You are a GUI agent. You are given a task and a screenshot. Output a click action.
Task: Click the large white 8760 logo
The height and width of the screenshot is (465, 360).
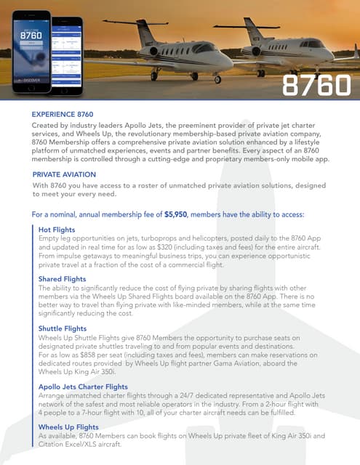click(316, 85)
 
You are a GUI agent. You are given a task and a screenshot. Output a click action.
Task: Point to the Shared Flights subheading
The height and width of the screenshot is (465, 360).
click(61, 279)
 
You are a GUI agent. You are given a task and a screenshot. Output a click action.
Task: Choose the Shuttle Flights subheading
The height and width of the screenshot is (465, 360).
click(63, 328)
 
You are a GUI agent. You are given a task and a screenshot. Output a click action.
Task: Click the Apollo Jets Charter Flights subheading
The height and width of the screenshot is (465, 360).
click(83, 387)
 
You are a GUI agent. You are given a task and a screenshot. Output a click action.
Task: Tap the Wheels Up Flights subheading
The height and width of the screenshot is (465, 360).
click(68, 426)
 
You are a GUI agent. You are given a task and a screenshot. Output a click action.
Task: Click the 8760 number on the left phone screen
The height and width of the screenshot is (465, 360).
click(30, 33)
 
